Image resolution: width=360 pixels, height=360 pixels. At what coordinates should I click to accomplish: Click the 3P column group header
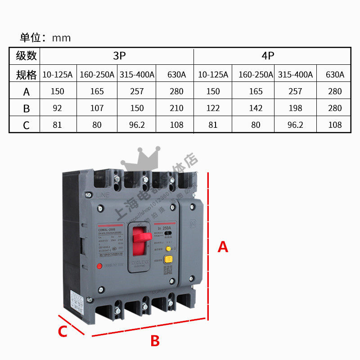[x=119, y=56]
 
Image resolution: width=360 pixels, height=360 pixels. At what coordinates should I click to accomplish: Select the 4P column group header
[x=268, y=56]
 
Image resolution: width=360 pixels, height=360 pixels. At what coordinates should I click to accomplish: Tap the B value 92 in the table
[x=57, y=108]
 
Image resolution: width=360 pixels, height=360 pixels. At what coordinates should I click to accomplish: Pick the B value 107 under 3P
[x=97, y=108]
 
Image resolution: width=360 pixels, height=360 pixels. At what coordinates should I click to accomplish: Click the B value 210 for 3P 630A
[x=176, y=108]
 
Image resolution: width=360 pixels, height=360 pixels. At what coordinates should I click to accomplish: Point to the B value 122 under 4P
[x=213, y=108]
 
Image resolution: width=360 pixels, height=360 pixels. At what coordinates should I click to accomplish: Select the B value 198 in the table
[x=295, y=108]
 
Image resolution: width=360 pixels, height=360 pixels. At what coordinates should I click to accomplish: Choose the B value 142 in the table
[x=256, y=108]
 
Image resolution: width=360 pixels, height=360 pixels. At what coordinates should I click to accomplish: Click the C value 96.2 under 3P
[x=136, y=125]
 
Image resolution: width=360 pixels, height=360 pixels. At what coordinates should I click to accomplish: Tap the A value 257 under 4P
[x=295, y=91]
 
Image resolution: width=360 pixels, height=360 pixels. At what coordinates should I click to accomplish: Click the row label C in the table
[x=26, y=125]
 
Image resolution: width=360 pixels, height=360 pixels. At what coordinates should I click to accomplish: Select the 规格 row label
[x=26, y=75]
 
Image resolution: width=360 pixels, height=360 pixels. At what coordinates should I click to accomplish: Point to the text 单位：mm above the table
[x=45, y=38]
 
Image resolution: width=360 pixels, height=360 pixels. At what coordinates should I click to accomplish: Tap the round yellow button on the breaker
[x=168, y=248]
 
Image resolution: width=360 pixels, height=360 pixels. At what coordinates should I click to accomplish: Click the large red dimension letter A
[x=223, y=247]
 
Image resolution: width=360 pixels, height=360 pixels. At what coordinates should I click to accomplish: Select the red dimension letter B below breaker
[x=155, y=341]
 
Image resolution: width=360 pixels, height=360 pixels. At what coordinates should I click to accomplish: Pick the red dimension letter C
[x=63, y=332]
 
